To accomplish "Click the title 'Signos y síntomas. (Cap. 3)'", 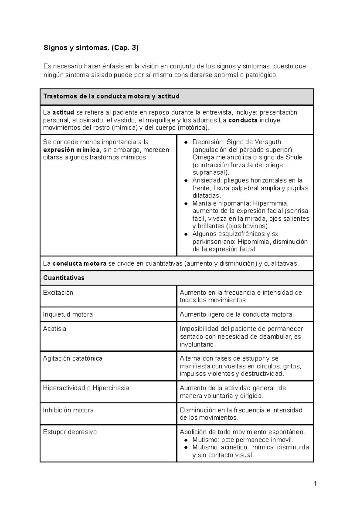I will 91,48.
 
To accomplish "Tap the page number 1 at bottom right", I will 315,484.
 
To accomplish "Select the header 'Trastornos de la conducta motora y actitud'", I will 111,96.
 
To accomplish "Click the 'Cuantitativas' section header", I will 64,278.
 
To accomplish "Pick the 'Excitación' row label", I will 58,293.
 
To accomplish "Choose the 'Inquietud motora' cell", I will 68,314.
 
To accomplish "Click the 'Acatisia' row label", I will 54,329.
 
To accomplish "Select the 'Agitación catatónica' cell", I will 73,359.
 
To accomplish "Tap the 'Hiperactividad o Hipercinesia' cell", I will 86,388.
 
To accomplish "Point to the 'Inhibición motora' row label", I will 68,410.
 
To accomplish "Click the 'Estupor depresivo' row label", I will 70,432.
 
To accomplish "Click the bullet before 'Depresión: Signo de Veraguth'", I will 186,142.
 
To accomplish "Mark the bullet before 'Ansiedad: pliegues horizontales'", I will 186,180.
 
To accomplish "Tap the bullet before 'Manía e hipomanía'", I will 186,204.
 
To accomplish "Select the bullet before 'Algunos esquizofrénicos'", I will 186,234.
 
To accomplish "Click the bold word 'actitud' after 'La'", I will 63,113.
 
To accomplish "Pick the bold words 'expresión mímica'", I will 71,150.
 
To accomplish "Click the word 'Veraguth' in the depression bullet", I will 269,142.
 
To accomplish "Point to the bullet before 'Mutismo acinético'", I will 186,448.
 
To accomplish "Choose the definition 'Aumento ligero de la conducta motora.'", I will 237,314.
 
